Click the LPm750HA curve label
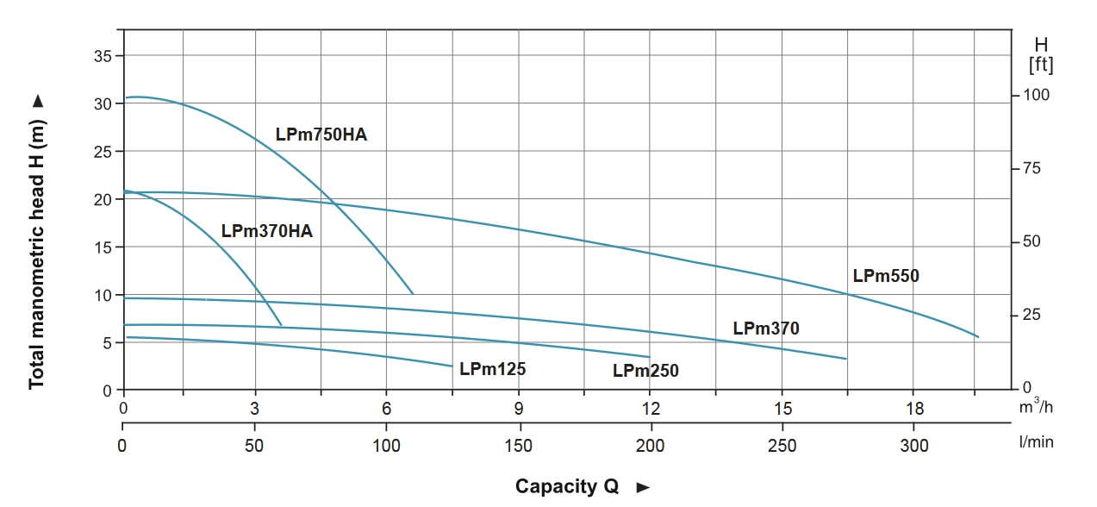(321, 135)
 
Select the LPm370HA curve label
(266, 231)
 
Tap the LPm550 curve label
(886, 277)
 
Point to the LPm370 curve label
(766, 329)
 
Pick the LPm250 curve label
(645, 371)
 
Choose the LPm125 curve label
(492, 369)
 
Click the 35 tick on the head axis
(103, 56)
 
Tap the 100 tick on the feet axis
(1036, 95)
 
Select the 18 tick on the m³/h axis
(914, 409)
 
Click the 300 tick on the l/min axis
(914, 446)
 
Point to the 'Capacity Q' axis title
(567, 486)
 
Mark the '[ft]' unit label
(1041, 66)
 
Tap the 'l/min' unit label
(1036, 442)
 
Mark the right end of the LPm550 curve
(978, 337)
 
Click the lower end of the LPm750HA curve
(413, 294)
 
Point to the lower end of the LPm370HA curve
(281, 326)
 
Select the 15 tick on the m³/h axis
(782, 409)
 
